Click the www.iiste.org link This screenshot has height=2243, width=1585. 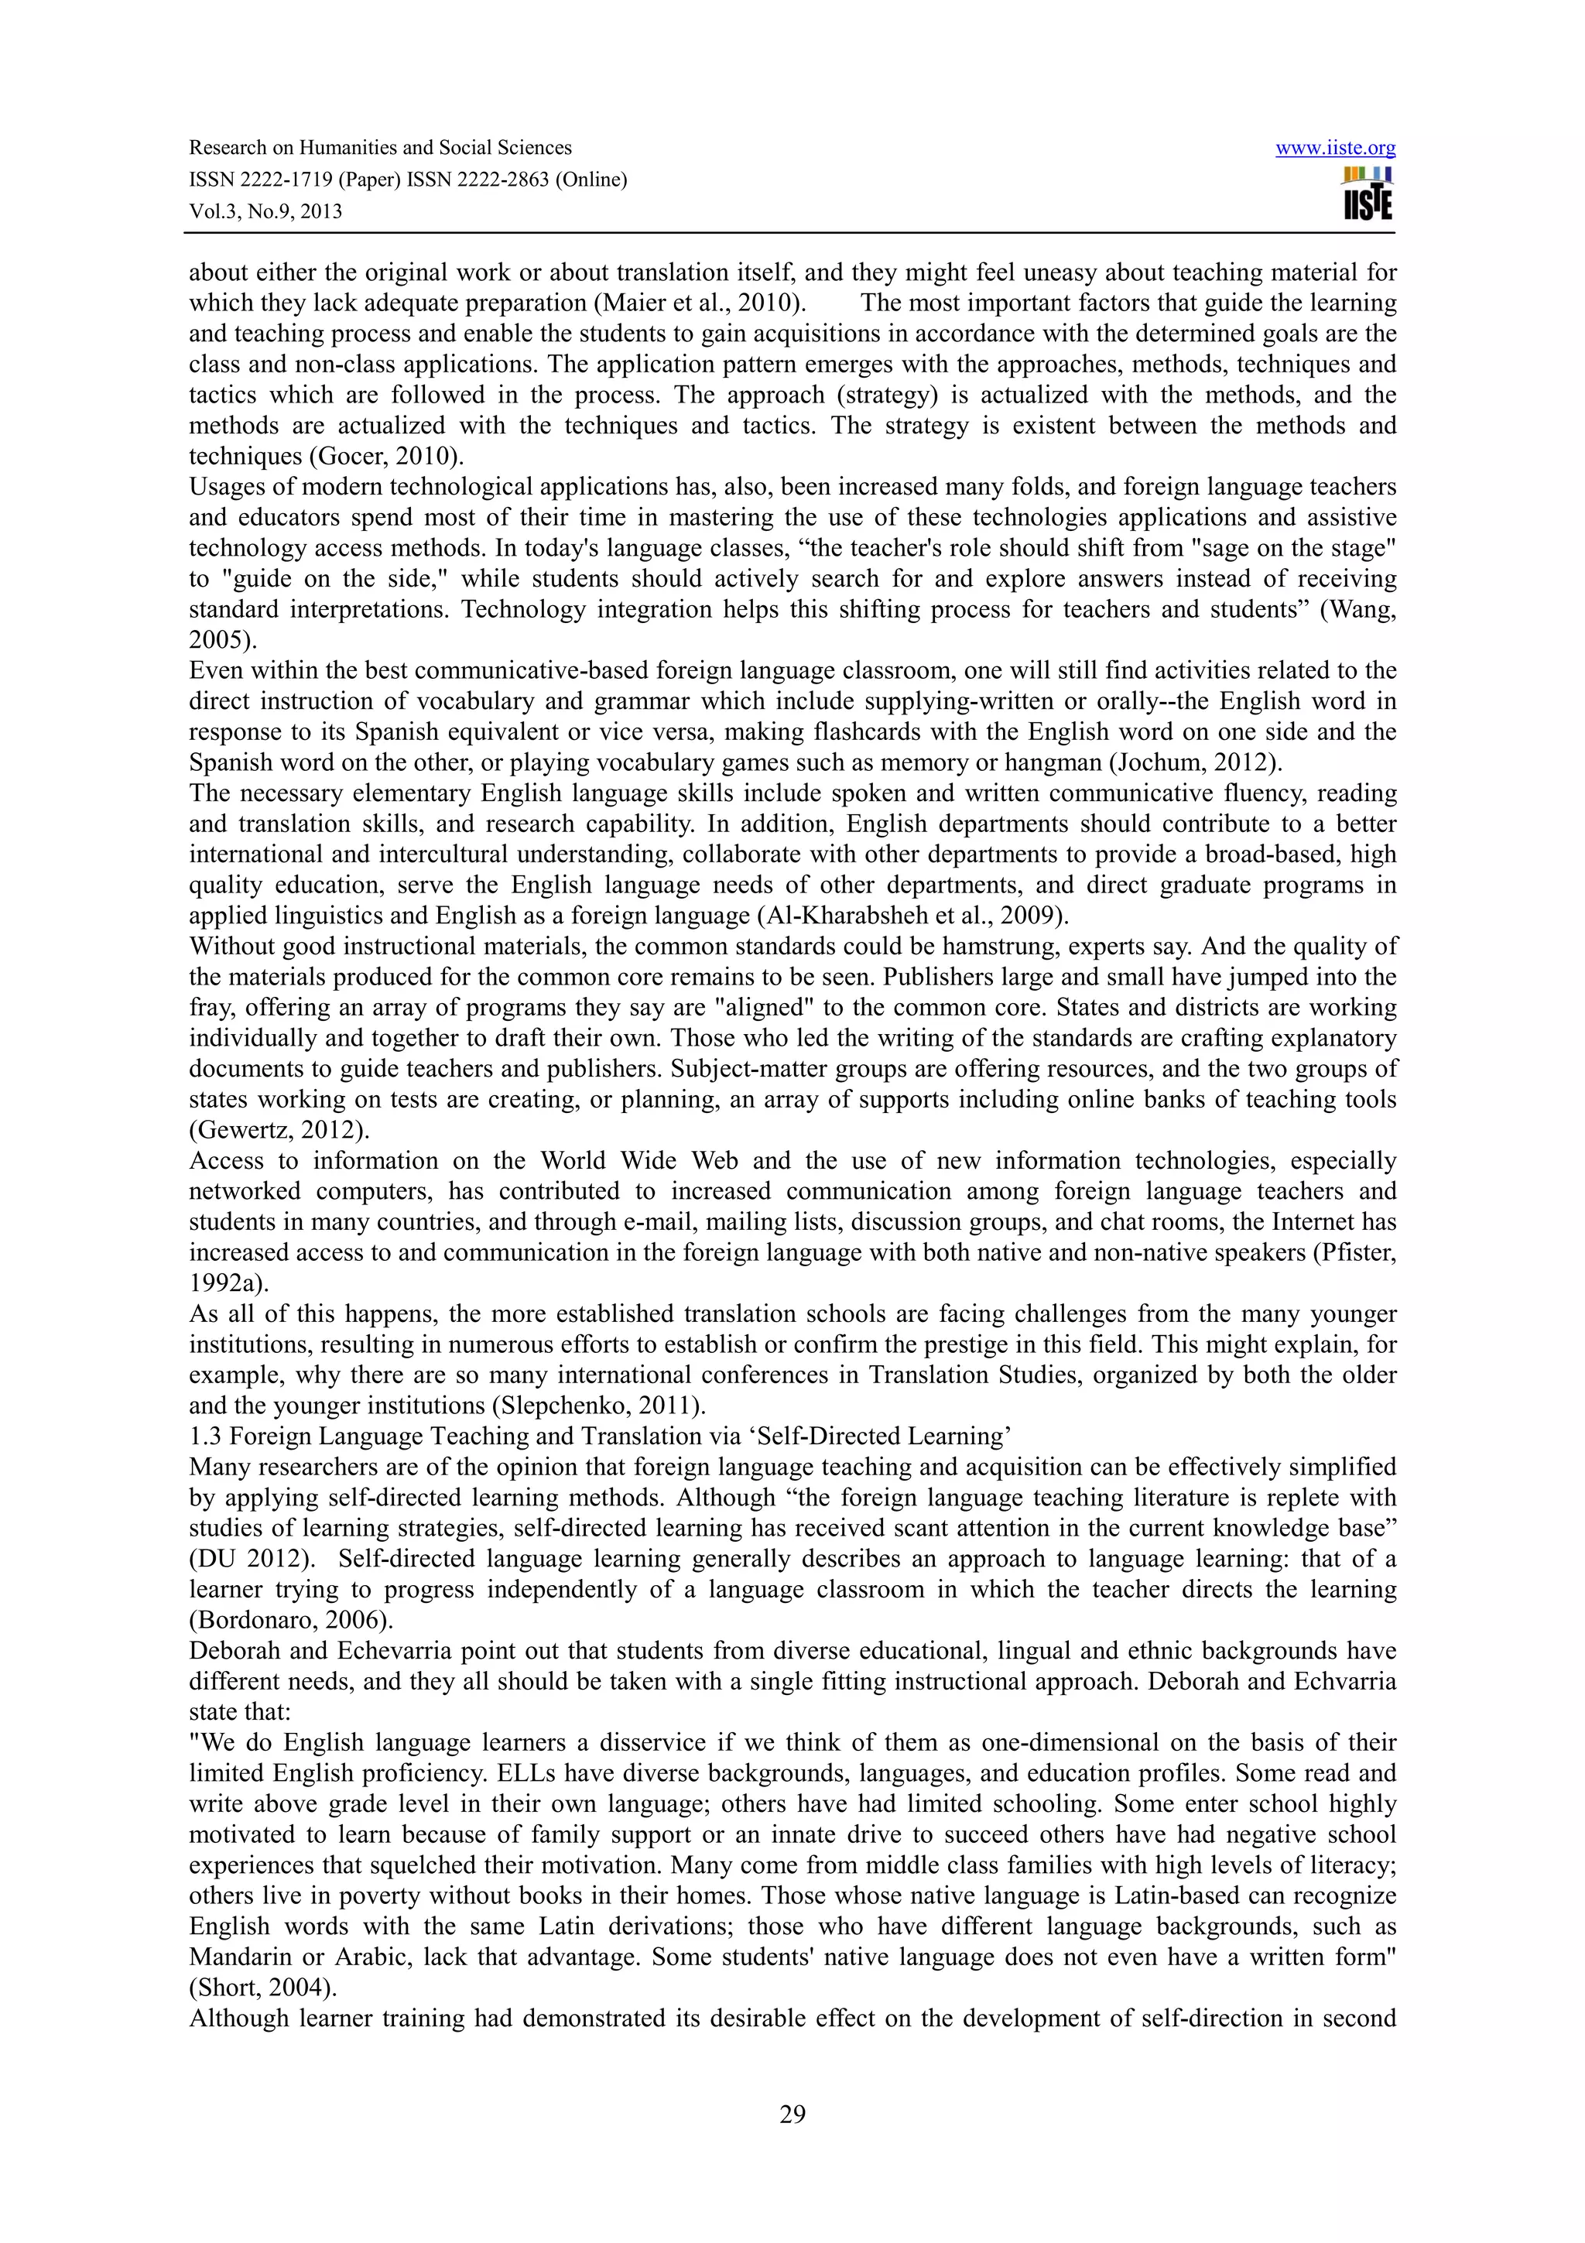(x=1335, y=149)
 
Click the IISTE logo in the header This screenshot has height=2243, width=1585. (x=1368, y=193)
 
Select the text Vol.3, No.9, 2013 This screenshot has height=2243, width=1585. (x=265, y=212)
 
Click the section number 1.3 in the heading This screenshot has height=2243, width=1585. (x=206, y=1436)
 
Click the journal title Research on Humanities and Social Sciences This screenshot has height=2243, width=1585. (x=380, y=149)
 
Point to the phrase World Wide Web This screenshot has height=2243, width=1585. (x=640, y=1160)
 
